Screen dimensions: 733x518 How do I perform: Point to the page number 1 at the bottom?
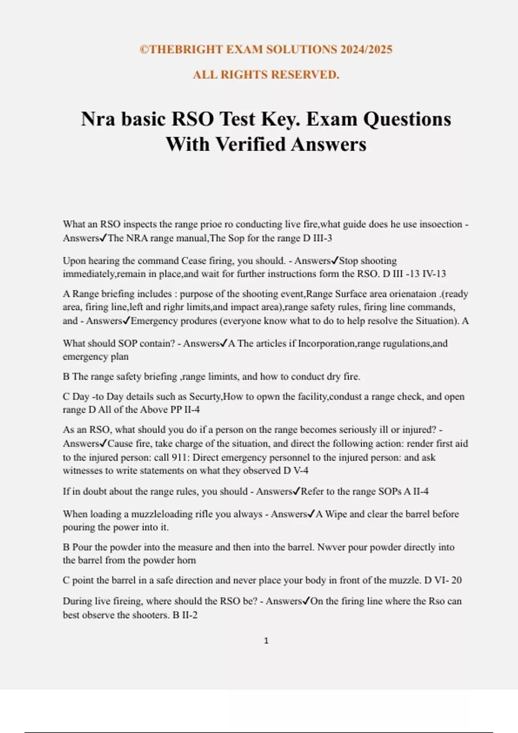point(266,641)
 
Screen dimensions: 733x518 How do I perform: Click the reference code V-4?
point(301,470)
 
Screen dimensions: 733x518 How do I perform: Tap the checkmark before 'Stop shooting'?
point(335,260)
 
